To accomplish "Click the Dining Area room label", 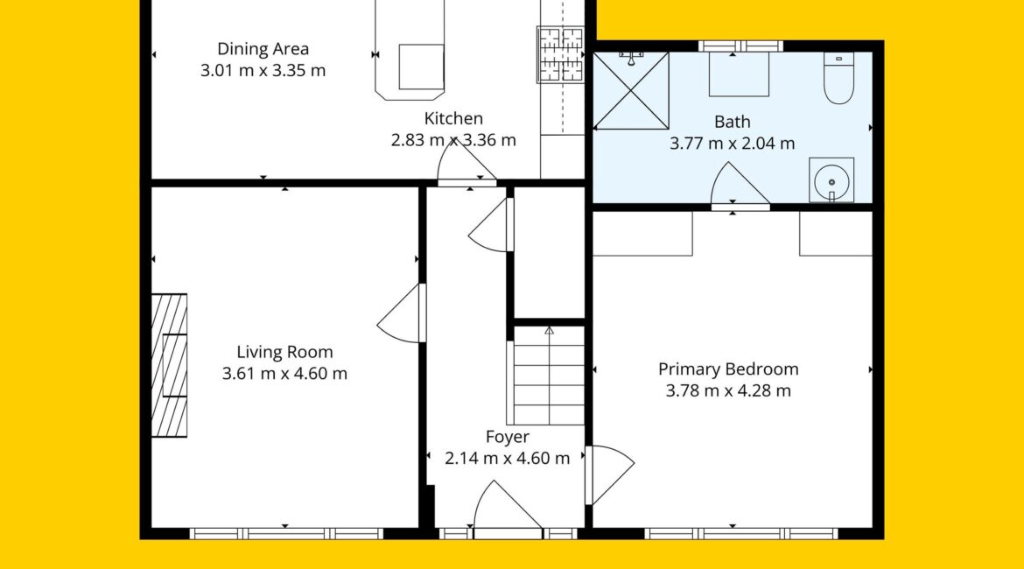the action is click(263, 49).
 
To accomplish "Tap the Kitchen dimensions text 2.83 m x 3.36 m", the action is click(453, 140).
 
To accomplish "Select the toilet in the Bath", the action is click(838, 79).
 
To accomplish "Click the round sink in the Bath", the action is click(831, 179).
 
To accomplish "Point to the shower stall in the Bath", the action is click(631, 91).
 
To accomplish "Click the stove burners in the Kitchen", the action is click(559, 55).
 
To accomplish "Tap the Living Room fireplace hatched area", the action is click(169, 365).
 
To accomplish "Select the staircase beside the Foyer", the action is click(549, 376).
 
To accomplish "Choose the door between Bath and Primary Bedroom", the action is click(740, 186).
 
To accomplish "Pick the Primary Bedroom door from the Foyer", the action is click(609, 475).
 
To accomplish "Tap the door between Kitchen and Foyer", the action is click(466, 164).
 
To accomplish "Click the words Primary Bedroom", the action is click(728, 369).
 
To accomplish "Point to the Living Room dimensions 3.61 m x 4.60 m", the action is click(284, 374).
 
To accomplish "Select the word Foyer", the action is click(508, 437).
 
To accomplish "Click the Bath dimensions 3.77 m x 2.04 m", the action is click(732, 143).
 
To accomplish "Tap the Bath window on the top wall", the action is click(740, 46).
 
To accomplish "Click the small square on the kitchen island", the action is click(421, 67).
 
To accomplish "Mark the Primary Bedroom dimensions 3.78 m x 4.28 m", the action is click(728, 390).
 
